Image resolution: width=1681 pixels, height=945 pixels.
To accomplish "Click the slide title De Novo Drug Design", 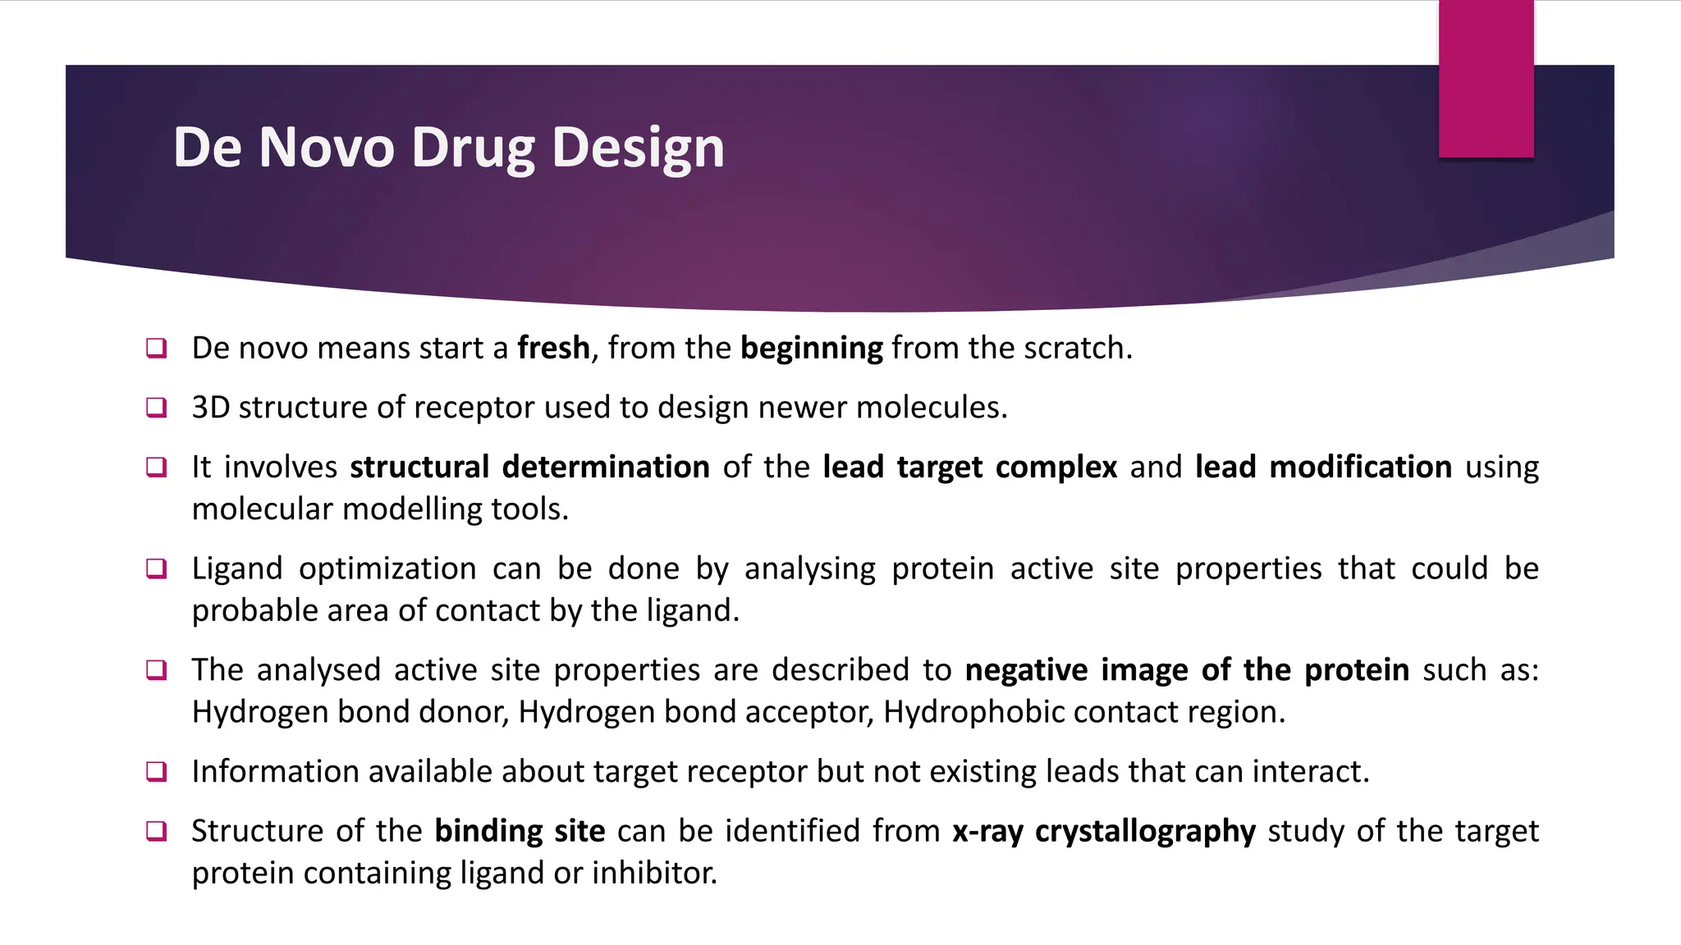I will (448, 148).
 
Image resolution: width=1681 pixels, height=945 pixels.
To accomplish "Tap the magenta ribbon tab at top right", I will (1486, 79).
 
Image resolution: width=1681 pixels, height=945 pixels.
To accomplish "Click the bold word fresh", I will (553, 348).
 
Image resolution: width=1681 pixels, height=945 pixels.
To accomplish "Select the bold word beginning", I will (811, 348).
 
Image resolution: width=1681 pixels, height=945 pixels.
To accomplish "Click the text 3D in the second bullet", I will (210, 407).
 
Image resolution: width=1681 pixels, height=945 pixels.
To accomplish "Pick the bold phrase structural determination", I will (529, 467).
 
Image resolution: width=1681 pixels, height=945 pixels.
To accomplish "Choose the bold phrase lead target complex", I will (969, 467).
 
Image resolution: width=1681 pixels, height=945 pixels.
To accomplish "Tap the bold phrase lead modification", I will (1323, 467).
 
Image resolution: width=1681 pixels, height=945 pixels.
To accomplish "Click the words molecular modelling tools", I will (379, 509).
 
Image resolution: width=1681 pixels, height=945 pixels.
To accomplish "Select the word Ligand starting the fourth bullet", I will (236, 568).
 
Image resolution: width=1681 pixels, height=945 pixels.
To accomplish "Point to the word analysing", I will (809, 568).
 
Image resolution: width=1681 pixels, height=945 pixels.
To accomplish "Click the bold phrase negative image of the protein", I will (1187, 670).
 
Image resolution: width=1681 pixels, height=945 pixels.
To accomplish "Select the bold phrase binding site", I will (520, 831).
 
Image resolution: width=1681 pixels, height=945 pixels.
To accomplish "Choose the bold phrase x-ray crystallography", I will (1104, 831).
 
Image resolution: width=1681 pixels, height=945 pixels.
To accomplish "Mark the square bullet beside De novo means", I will (156, 348).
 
